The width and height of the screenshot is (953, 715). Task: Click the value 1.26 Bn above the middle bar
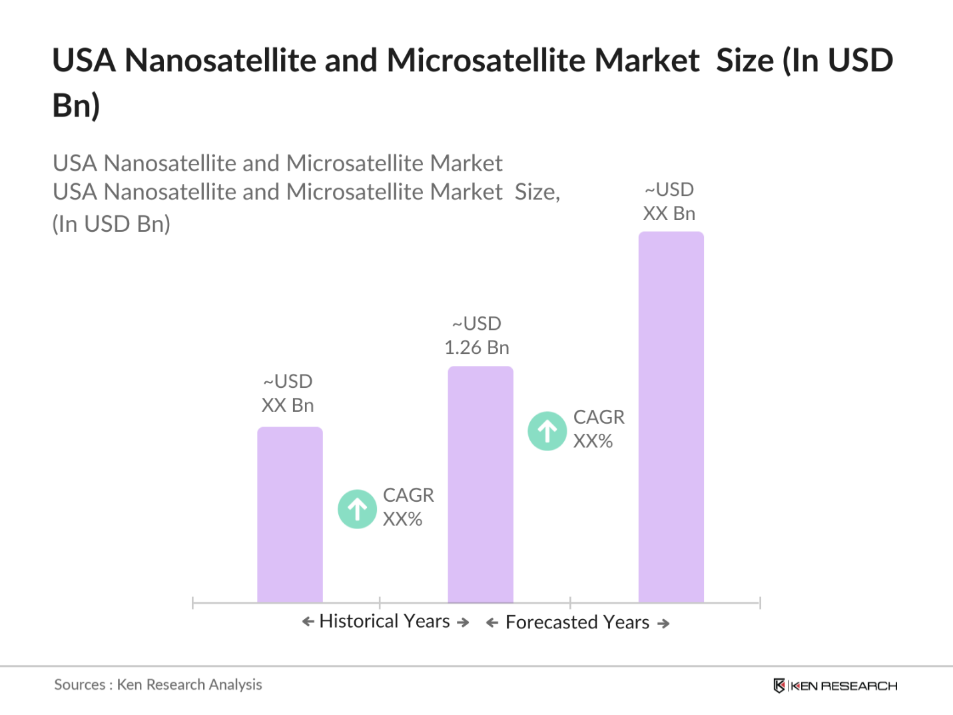point(477,347)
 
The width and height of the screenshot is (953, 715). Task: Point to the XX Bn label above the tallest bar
point(669,213)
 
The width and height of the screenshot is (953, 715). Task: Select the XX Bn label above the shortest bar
point(288,405)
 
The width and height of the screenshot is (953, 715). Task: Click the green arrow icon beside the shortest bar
point(358,509)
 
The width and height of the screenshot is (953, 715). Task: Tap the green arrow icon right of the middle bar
point(547,431)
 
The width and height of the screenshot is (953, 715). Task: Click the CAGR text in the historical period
point(408,495)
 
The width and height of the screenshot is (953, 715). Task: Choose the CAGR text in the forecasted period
point(599,417)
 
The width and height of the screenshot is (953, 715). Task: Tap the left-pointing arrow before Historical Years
point(308,622)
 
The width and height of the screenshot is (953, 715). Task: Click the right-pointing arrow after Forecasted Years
point(663,624)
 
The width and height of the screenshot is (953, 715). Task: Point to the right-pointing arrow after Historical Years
point(463,622)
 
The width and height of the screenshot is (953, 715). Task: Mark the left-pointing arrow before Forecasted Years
point(492,623)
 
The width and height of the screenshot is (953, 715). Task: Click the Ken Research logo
point(835,686)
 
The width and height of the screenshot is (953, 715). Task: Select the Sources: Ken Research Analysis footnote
point(158,684)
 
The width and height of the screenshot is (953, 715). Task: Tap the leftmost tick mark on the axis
point(192,603)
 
